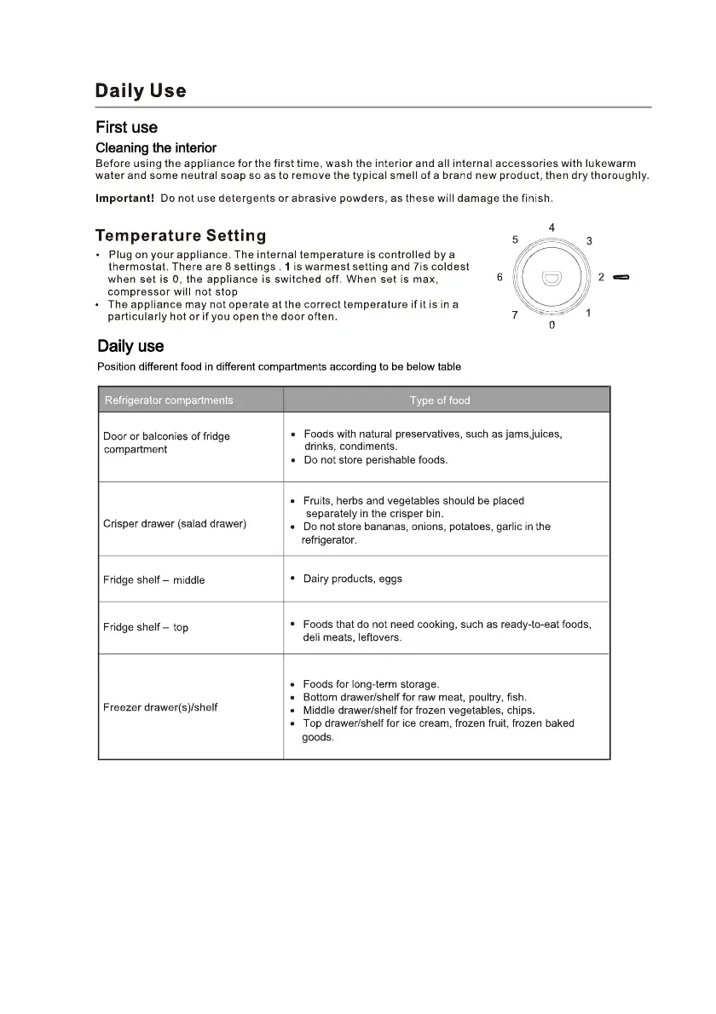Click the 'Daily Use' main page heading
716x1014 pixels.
[x=141, y=90]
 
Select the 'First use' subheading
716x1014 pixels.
[x=126, y=128]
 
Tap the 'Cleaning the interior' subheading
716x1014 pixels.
[x=156, y=148]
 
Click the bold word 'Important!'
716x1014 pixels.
[x=124, y=199]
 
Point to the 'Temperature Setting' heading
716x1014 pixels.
[x=181, y=236]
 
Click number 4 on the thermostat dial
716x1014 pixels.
[x=552, y=228]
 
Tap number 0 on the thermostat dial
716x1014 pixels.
[x=551, y=326]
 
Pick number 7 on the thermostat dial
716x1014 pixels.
[x=515, y=315]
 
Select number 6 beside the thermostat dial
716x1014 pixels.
[x=499, y=277]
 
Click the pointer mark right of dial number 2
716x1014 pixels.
[x=621, y=278]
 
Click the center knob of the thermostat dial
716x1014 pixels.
[x=551, y=278]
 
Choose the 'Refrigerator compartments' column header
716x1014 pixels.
[x=168, y=400]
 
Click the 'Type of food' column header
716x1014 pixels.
[x=440, y=400]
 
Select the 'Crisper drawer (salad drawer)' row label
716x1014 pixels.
[x=175, y=524]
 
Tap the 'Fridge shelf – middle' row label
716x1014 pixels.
[x=153, y=580]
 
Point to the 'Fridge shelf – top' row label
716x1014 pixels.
[x=146, y=628]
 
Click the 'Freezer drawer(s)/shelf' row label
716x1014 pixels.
[x=160, y=707]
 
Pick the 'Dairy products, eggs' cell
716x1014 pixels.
[x=352, y=579]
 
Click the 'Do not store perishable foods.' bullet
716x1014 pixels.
[x=375, y=460]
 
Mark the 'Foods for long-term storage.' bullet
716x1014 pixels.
[x=371, y=684]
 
